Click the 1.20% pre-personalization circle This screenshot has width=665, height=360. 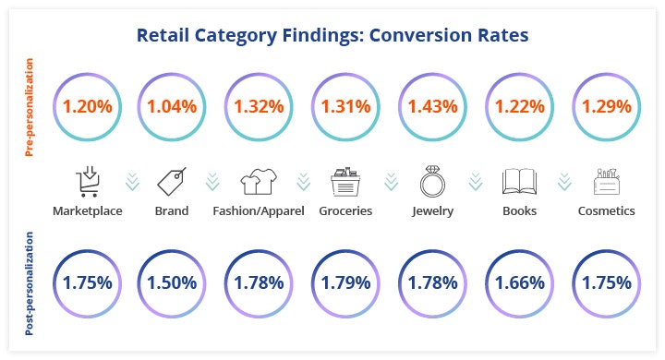87,105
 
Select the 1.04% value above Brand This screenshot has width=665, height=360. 171,105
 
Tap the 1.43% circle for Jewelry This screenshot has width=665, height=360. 430,105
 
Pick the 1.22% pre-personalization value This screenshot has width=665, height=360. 517,105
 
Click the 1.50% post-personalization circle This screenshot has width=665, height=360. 171,282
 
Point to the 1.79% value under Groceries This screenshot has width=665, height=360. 345,282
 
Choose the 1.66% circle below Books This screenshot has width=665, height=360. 517,282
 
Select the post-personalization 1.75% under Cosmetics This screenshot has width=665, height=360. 605,282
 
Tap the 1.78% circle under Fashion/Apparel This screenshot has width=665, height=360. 258,282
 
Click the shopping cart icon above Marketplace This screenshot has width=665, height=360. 87,181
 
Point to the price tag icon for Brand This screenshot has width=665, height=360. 171,181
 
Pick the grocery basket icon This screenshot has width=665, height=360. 345,182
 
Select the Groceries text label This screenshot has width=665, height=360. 345,210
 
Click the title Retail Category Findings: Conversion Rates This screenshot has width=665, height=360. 332,36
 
